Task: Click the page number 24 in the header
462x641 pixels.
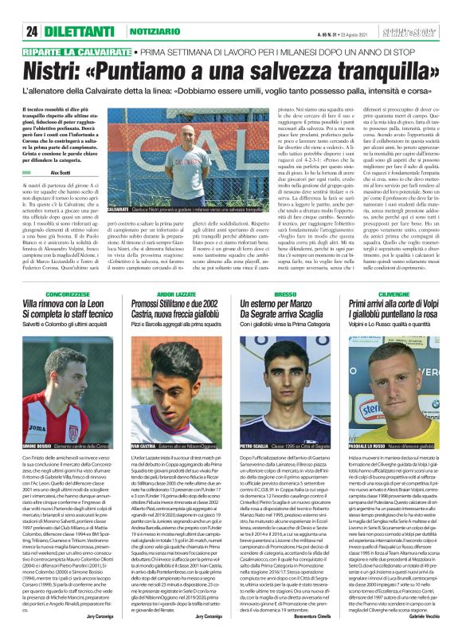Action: point(33,32)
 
